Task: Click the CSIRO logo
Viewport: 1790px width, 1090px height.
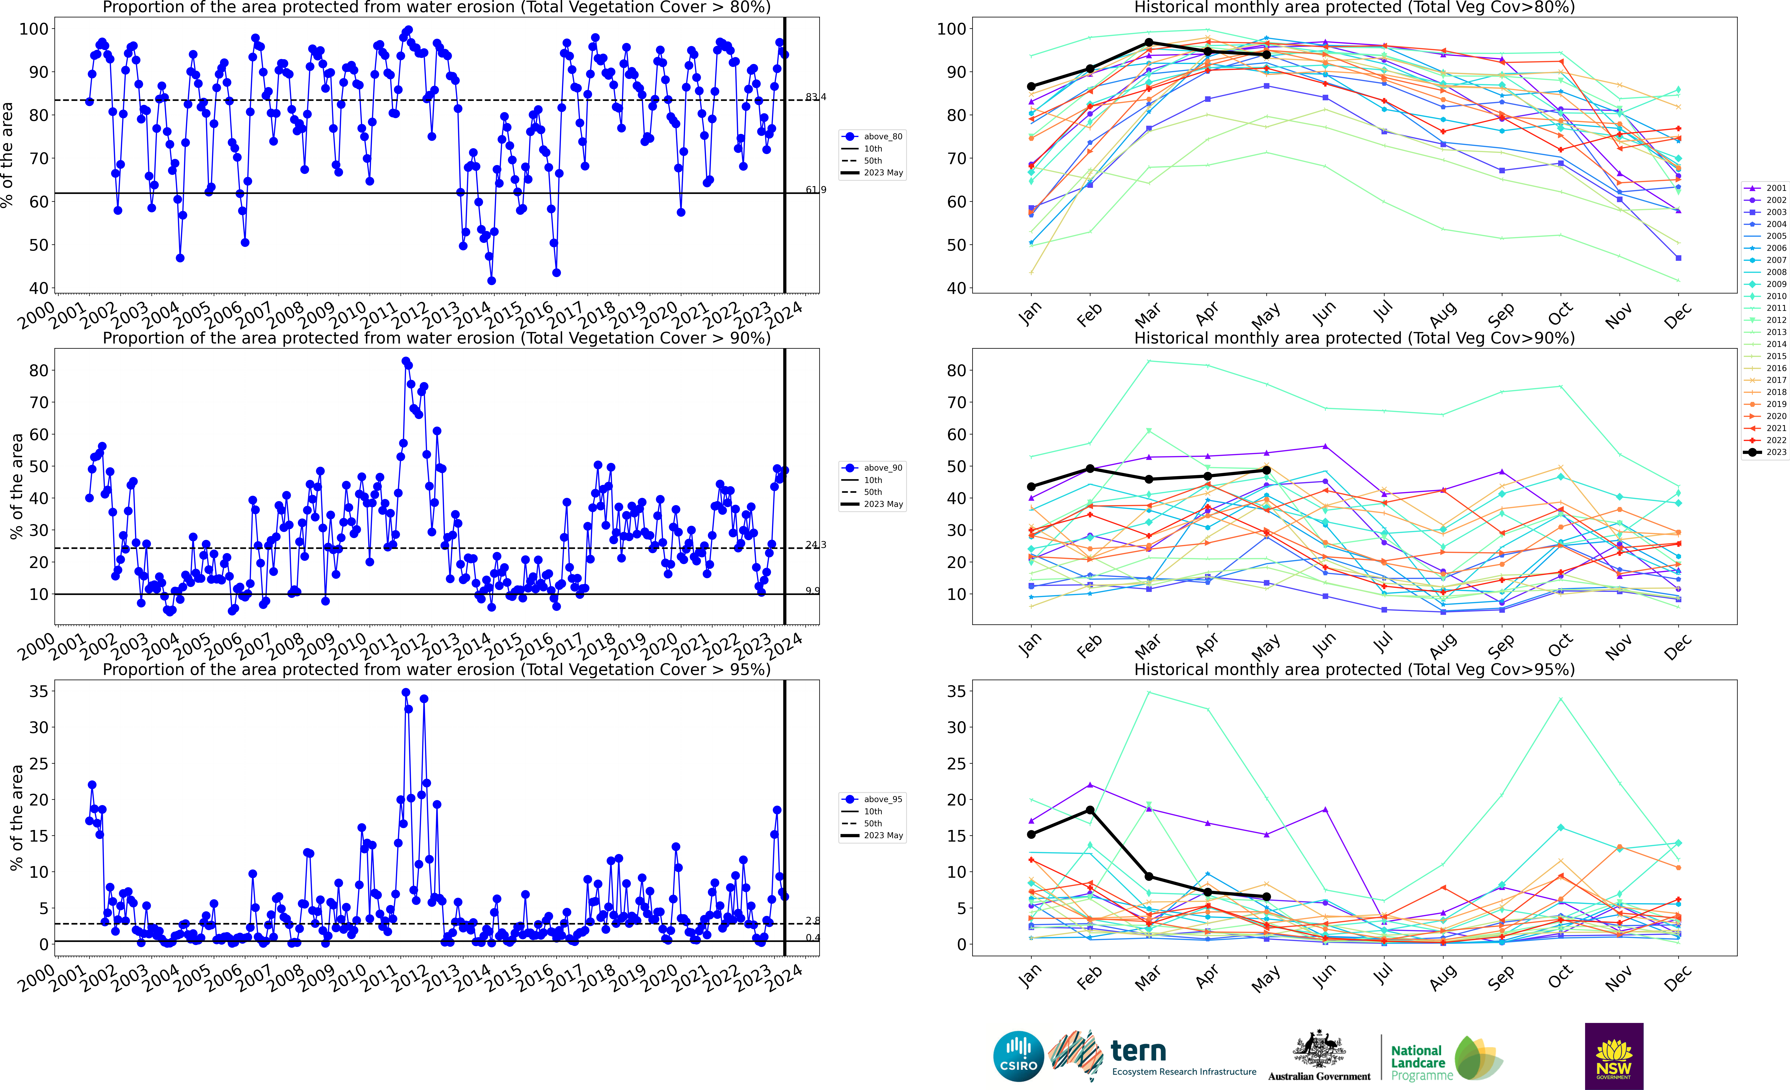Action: [x=1018, y=1056]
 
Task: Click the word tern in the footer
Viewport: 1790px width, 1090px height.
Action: [x=1138, y=1051]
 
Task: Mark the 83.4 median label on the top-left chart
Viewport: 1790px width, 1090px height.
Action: [x=816, y=97]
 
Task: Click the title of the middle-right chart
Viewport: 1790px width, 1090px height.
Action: [x=1354, y=338]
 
